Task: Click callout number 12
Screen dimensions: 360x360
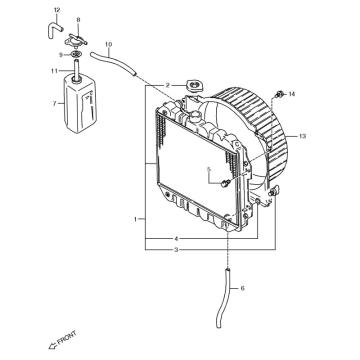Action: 57,10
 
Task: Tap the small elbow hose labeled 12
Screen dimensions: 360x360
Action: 53,29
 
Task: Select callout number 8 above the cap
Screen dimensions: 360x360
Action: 78,20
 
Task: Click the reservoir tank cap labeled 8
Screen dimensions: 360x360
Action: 76,41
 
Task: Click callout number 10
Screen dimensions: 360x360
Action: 108,44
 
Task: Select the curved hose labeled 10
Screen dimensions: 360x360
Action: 113,63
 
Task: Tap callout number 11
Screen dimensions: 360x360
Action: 54,71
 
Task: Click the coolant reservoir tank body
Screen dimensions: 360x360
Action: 80,104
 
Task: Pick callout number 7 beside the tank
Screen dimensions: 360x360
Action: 55,104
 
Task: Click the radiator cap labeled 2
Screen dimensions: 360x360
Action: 194,86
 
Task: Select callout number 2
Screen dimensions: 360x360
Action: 168,86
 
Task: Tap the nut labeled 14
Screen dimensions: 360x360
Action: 279,95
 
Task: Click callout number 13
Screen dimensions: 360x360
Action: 302,136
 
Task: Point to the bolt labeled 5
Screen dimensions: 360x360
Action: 226,183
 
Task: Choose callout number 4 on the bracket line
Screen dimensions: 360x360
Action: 177,239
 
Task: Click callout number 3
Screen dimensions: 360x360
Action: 177,249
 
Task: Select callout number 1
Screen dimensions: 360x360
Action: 135,219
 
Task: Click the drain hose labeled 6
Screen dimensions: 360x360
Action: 223,297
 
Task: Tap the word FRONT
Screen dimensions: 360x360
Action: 67,337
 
